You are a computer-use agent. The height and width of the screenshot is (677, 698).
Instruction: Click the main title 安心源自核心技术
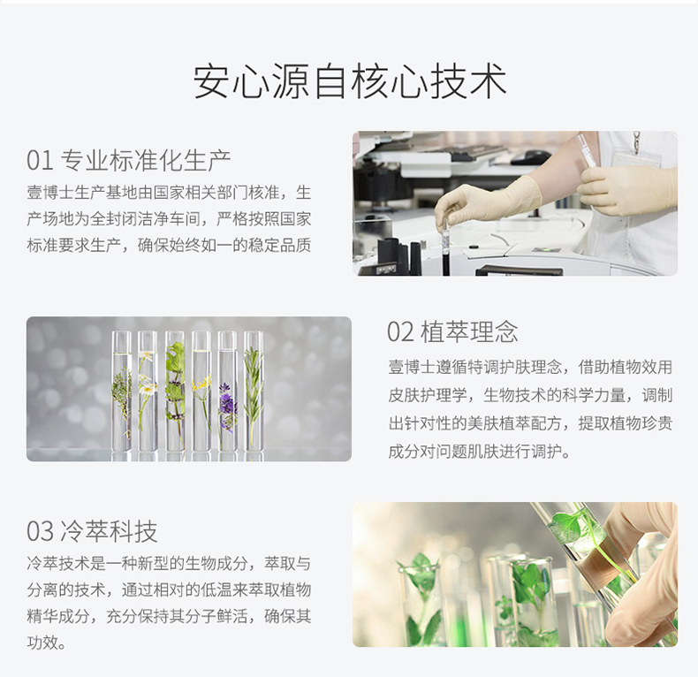click(350, 81)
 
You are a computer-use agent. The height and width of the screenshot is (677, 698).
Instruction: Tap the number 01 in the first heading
click(40, 160)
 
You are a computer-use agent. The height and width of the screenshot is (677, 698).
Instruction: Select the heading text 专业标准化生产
click(146, 160)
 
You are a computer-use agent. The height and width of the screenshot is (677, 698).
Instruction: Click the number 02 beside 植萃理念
click(400, 331)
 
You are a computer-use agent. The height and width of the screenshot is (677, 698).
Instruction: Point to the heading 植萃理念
click(470, 331)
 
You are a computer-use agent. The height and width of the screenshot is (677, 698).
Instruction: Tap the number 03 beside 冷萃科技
click(40, 531)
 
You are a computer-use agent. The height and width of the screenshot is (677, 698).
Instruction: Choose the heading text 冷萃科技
click(109, 531)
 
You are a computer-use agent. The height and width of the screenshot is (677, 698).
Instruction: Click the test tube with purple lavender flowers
click(227, 391)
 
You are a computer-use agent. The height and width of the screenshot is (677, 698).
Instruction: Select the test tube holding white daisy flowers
click(148, 391)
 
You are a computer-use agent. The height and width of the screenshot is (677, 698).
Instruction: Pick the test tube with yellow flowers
click(201, 391)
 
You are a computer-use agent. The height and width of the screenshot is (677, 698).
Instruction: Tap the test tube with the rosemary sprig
click(254, 391)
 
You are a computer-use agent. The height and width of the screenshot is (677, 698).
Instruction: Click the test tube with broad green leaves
click(175, 391)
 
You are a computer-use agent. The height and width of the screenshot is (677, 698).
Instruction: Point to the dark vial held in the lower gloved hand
click(445, 245)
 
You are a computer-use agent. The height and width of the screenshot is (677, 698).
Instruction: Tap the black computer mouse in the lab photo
click(537, 156)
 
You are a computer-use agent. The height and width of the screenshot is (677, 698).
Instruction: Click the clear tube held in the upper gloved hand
click(586, 150)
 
